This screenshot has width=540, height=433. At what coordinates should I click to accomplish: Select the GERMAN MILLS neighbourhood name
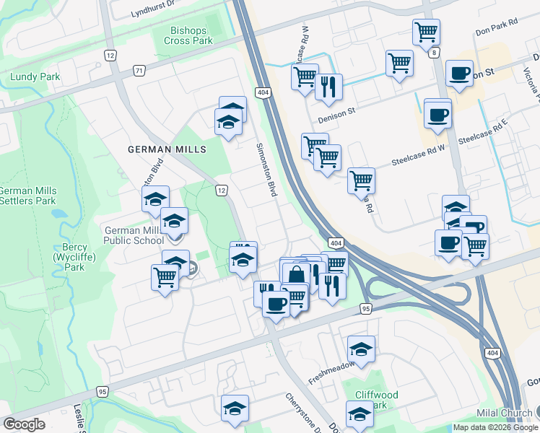coord(167,149)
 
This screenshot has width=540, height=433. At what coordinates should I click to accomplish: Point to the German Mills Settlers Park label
coord(27,196)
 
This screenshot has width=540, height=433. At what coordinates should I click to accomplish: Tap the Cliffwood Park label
coord(377,400)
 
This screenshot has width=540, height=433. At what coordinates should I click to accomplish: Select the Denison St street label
coord(337,111)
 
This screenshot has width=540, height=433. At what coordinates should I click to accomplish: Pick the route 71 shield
coord(139,70)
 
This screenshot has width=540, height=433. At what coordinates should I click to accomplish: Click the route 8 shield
coord(434,53)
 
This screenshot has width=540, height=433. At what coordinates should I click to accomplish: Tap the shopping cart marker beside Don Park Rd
coord(426,31)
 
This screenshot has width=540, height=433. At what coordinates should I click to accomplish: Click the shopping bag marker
coord(296,274)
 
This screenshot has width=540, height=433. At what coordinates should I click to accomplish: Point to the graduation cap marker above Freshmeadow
coord(361,350)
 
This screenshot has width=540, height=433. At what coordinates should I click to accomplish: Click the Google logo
coord(23,424)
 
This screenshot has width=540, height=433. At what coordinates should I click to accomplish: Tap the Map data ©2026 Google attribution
coord(495,427)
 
